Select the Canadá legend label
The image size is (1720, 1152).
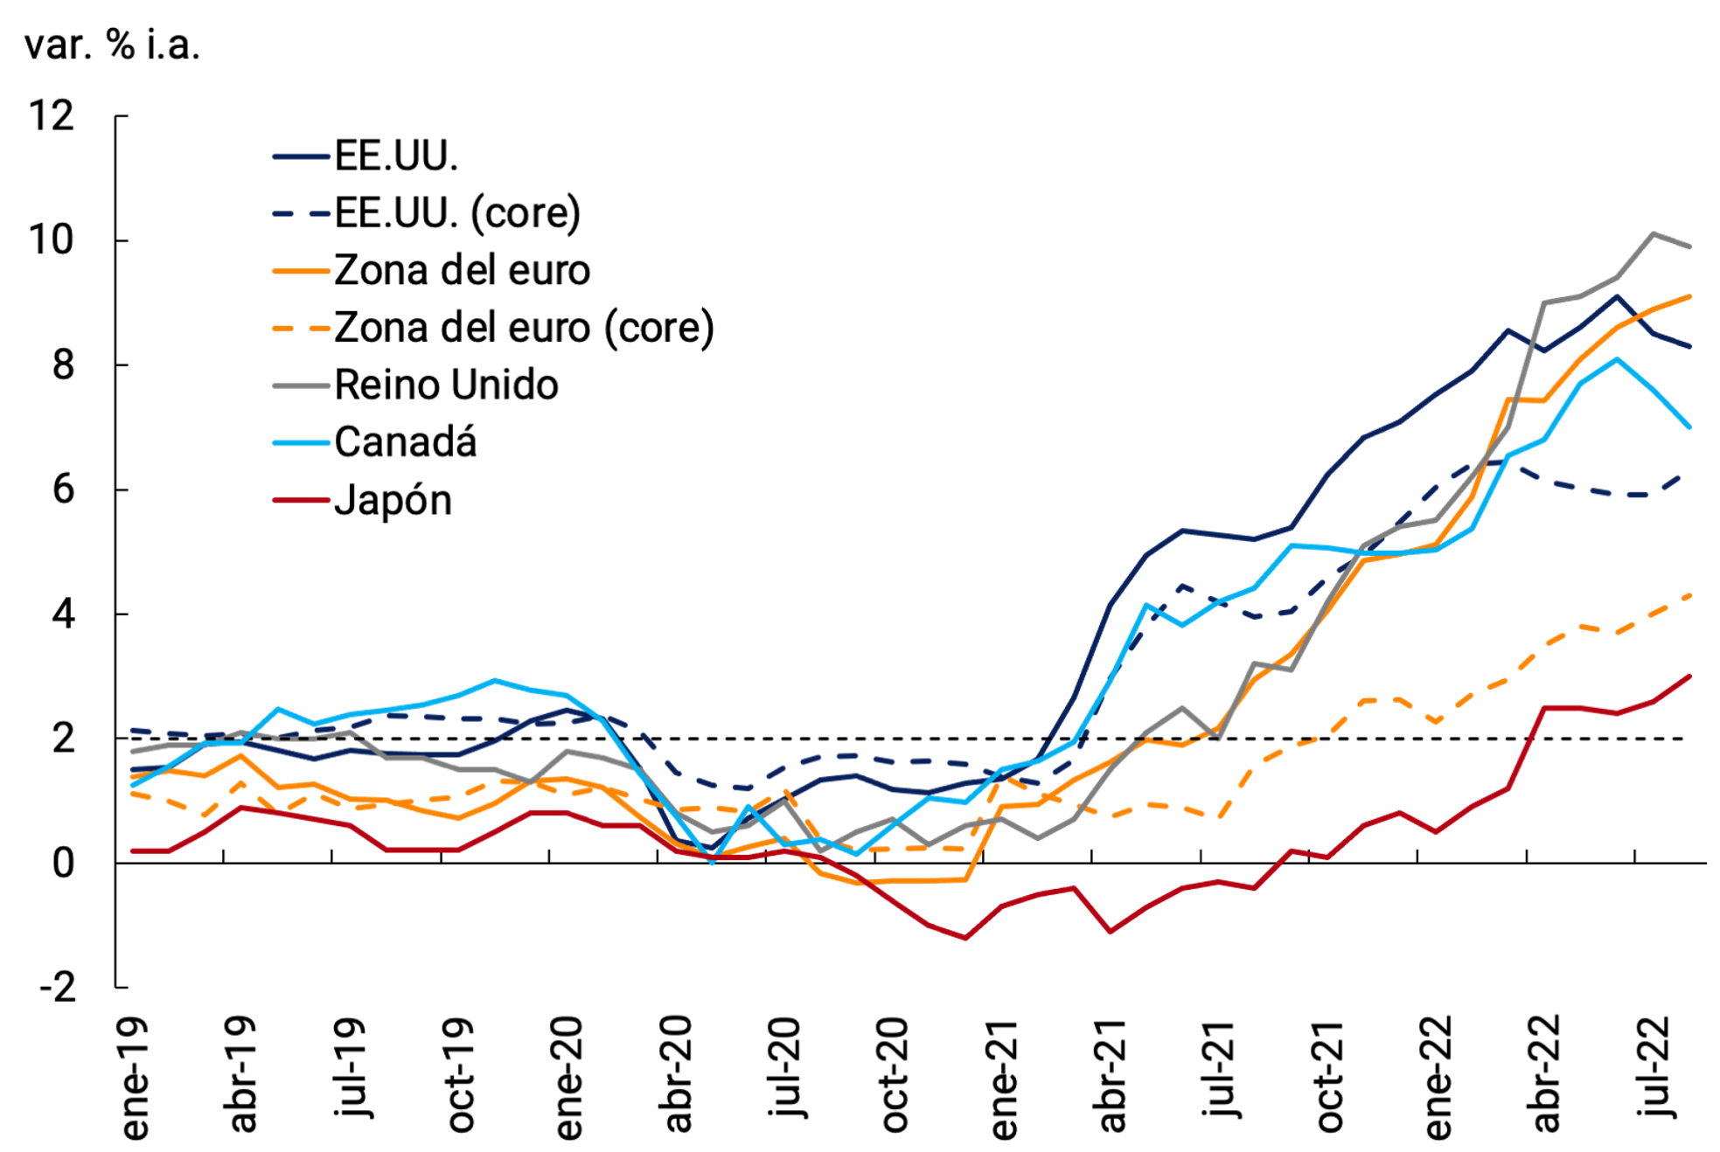pos(405,442)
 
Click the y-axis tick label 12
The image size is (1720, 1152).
pos(52,115)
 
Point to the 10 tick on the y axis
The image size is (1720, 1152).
pos(52,240)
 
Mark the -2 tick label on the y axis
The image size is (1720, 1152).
pos(58,988)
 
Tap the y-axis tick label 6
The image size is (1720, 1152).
pos(63,489)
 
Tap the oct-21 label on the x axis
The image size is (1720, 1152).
pos(1329,1075)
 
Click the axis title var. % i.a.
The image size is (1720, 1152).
pos(112,45)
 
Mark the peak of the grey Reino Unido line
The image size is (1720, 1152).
pos(1653,233)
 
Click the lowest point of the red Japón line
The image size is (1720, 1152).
pos(965,938)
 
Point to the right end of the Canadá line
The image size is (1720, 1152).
pos(1689,427)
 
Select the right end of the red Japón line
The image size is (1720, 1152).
pos(1689,676)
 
